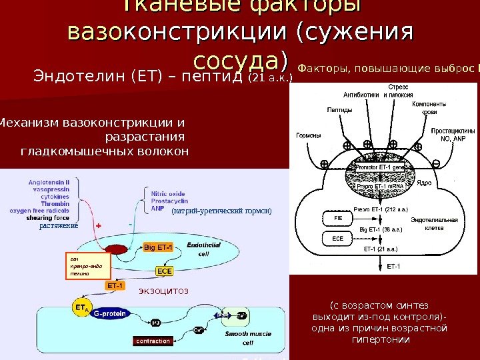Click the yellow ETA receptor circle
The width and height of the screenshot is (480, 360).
pos(81,309)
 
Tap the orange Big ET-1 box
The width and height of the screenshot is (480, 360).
pos(158,248)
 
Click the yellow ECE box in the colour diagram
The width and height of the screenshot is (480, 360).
pos(164,271)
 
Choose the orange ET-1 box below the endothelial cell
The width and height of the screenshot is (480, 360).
pos(115,286)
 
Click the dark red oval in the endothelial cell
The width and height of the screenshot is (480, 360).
pos(117,249)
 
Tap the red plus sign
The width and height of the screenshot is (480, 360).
pos(99,226)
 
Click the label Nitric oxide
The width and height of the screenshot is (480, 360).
pos(169,193)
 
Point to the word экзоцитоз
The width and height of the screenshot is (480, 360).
pos(163,291)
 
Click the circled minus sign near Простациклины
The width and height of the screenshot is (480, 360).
pos(436,163)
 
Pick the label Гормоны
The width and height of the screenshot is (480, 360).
pos(309,136)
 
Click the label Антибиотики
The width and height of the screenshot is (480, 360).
pos(363,95)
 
